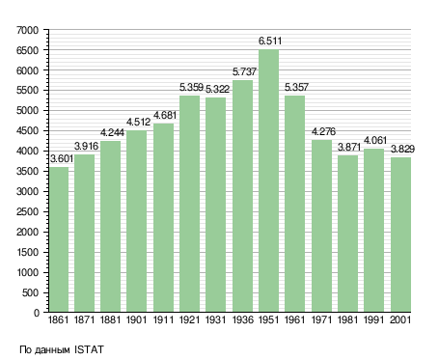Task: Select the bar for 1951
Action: point(268,180)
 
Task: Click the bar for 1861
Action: point(59,239)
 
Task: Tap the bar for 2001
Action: point(400,235)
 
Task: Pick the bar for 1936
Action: point(242,196)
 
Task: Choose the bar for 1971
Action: point(321,226)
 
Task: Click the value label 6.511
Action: point(270,42)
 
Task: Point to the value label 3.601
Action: point(62,158)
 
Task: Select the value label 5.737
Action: point(244,71)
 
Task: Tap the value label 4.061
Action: point(375,140)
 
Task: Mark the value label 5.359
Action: point(191,87)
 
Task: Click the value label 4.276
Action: point(323,131)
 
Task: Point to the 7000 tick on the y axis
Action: point(27,30)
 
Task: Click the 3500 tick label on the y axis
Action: point(27,171)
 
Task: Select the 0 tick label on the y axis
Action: point(37,313)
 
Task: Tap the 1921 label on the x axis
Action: point(189,319)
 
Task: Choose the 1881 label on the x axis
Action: point(110,319)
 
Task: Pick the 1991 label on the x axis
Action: point(374,319)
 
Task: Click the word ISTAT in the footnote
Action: point(89,349)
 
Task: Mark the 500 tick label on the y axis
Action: point(30,292)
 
